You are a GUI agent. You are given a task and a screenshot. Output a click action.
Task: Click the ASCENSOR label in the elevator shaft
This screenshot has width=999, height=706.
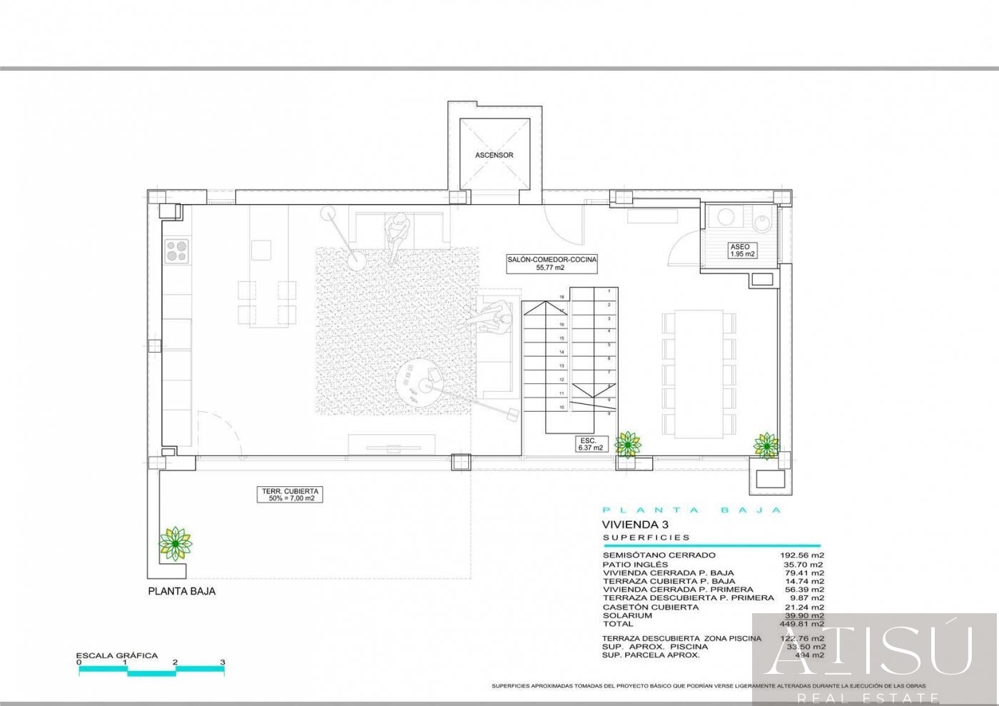coord(494,155)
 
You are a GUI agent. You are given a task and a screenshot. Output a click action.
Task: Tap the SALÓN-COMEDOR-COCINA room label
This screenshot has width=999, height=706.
coord(552,263)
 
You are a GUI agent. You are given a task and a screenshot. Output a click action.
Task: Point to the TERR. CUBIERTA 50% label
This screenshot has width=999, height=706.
coord(290,495)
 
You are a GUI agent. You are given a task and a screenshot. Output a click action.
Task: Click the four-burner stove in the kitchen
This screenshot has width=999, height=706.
coord(177,251)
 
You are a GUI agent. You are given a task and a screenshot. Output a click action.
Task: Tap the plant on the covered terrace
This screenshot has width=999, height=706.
coord(175,544)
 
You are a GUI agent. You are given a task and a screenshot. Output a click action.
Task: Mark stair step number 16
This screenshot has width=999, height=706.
coord(562,324)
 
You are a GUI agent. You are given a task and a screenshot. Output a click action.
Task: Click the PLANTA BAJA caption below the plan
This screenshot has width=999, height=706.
coord(181,591)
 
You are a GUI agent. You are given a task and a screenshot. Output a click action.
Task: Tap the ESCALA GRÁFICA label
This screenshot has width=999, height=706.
coord(117,655)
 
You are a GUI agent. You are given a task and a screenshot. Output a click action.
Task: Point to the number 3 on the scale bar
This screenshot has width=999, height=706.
coord(223,662)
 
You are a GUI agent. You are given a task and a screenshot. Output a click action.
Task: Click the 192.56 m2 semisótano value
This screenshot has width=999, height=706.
coord(802,555)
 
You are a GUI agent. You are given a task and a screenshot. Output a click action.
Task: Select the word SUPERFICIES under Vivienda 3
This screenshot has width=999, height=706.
coord(646,538)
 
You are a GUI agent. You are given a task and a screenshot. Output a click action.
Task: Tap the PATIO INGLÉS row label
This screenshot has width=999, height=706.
coord(635,564)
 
